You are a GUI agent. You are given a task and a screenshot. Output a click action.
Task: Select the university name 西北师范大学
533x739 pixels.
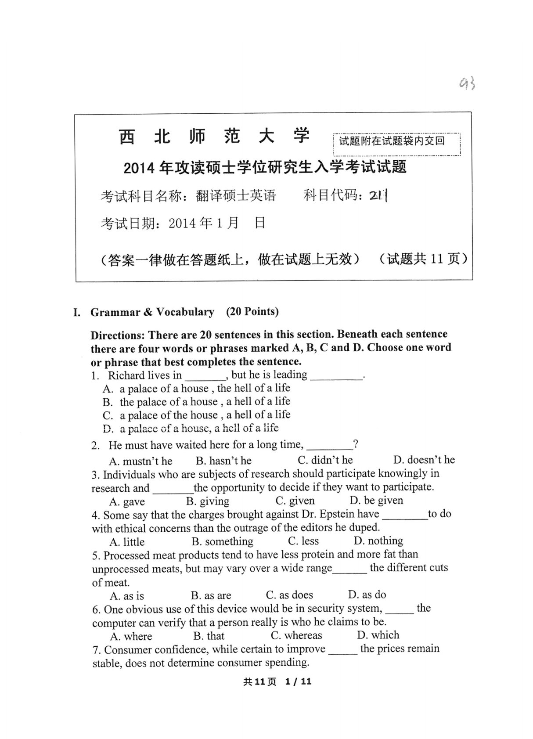click(x=214, y=137)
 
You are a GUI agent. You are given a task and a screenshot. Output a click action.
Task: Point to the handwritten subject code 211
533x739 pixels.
click(x=379, y=196)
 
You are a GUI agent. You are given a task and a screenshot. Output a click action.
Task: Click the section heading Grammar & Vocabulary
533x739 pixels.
click(x=152, y=312)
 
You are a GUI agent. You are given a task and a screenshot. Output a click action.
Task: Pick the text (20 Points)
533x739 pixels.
click(x=252, y=312)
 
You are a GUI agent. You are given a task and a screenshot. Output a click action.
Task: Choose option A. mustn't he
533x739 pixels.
click(x=140, y=461)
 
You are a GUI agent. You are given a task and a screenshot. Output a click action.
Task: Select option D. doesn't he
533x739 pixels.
click(x=424, y=460)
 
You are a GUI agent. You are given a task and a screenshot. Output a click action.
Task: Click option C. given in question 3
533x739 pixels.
click(x=295, y=501)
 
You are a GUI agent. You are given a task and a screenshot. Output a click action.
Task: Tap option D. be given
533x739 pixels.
click(x=376, y=500)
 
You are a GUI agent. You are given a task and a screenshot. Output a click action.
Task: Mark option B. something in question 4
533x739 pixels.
click(x=222, y=541)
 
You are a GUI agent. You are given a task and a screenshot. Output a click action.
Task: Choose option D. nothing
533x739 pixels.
click(x=378, y=541)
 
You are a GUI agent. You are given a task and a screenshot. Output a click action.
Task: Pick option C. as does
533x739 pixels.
click(x=289, y=595)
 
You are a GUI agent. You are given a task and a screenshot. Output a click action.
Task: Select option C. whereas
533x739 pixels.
click(x=296, y=635)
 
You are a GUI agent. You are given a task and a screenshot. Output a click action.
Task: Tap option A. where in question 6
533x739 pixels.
click(x=131, y=636)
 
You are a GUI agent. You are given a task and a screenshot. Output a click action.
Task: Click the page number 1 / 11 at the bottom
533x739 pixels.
click(x=298, y=681)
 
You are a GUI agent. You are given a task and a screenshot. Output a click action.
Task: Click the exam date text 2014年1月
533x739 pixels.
click(x=203, y=224)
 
